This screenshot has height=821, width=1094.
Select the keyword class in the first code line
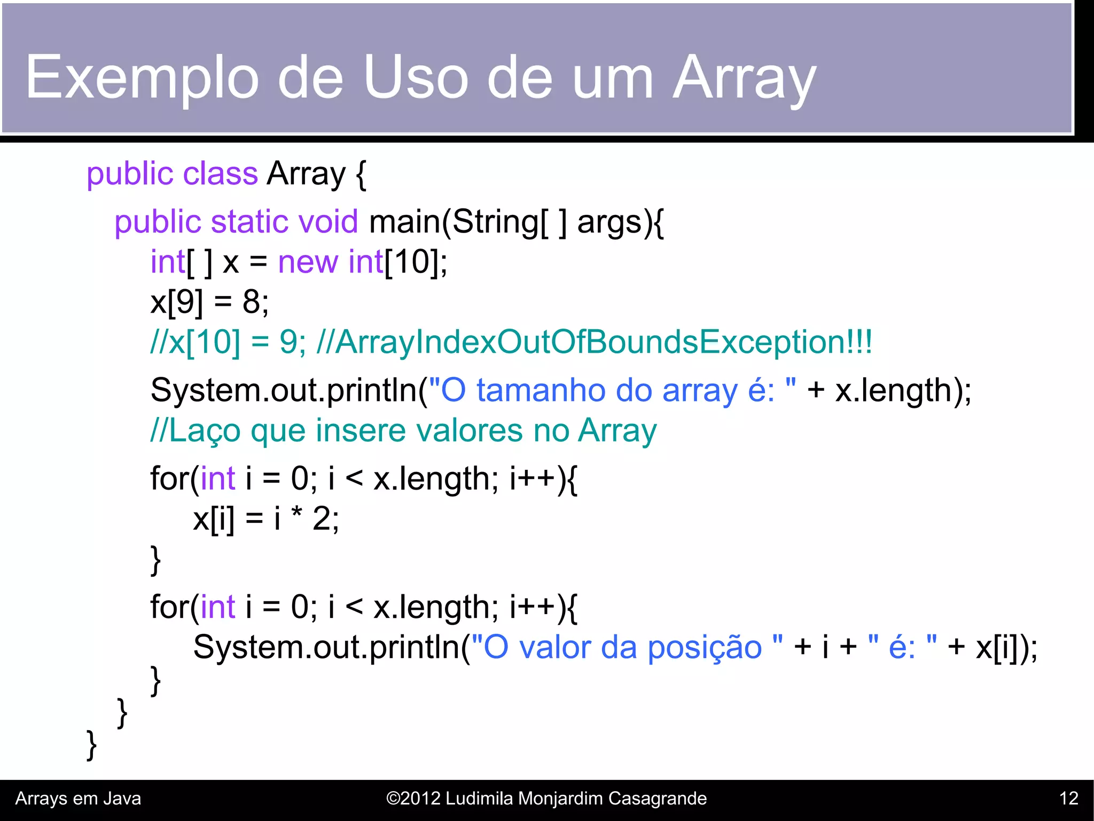click(220, 174)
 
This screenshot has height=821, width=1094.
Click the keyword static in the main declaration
click(249, 222)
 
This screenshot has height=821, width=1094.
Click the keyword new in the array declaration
click(308, 262)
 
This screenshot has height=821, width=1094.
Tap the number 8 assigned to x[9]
click(252, 302)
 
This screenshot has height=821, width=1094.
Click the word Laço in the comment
click(205, 431)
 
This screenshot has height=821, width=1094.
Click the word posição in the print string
click(705, 648)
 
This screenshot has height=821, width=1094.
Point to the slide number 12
click(1068, 799)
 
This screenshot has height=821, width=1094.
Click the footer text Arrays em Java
click(78, 799)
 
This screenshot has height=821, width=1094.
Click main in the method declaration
click(405, 222)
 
